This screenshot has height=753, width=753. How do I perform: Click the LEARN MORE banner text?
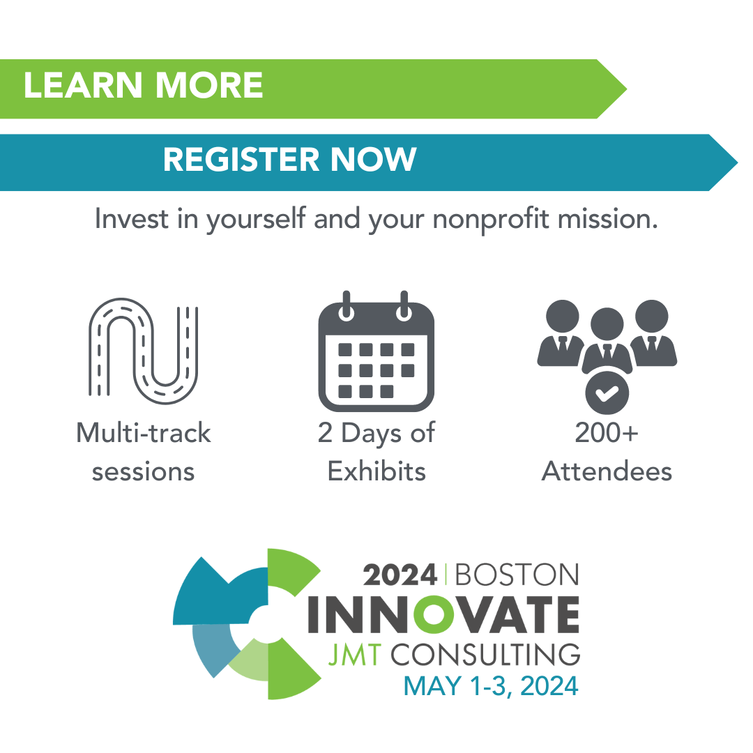[x=143, y=85]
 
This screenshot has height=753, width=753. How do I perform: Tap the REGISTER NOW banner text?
[x=289, y=159]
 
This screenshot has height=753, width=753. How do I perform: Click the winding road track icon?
[x=143, y=351]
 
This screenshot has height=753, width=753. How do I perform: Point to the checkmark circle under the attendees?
[x=607, y=393]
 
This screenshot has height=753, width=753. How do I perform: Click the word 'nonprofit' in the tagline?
[x=491, y=220]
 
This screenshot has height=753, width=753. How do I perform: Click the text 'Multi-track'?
[x=143, y=433]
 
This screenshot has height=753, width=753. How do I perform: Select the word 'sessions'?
[x=143, y=471]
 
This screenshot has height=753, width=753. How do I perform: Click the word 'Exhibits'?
[x=376, y=471]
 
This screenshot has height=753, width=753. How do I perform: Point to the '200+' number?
[x=607, y=433]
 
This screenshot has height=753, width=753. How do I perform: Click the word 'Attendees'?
[x=607, y=471]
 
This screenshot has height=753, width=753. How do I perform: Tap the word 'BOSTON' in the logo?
[x=517, y=575]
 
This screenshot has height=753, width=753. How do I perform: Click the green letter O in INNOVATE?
[x=434, y=615]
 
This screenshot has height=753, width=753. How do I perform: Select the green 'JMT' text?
[x=355, y=655]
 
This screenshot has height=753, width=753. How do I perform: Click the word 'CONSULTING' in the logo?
[x=485, y=655]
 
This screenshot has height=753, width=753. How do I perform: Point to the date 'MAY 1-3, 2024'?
[x=491, y=685]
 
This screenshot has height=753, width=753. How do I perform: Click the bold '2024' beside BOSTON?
[x=400, y=575]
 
